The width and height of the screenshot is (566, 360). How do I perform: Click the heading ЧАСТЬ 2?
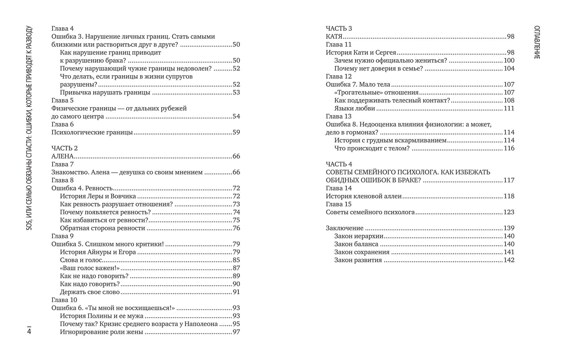point(65,148)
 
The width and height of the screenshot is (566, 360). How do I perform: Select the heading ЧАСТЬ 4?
point(339,164)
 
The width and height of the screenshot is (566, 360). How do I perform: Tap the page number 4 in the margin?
point(29,331)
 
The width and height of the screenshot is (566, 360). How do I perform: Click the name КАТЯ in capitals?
point(334,36)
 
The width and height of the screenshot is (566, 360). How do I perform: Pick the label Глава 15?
point(339,204)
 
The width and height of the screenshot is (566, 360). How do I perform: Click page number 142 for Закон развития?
point(509,260)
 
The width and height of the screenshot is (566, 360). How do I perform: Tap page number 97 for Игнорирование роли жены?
point(236,332)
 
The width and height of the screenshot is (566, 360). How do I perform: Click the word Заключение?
point(345,228)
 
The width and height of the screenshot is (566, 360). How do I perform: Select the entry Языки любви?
point(354,109)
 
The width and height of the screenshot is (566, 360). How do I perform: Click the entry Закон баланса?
point(356,244)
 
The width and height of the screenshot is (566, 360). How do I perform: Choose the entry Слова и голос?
point(81,260)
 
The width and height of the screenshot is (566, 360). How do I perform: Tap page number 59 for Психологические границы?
point(236,132)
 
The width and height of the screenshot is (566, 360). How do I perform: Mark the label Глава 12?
point(339,76)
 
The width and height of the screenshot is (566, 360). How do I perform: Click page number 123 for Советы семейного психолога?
point(509,212)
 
